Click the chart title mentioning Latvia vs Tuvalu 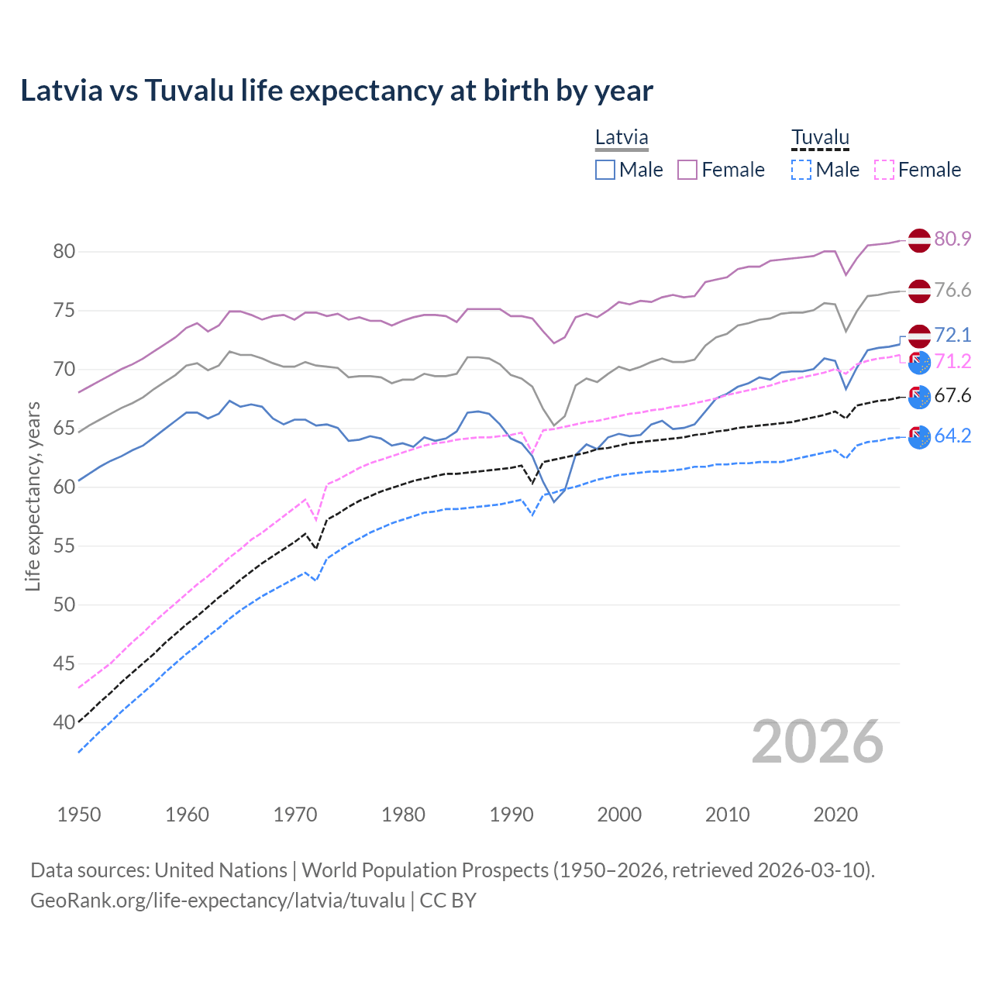coord(336,91)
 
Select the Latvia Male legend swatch coord(605,170)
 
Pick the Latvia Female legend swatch coord(687,170)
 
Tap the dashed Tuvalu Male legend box coord(801,170)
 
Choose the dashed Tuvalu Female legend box coord(884,170)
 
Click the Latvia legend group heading coord(622,138)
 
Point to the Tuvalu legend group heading coord(820,138)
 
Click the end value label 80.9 coord(952,239)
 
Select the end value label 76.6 coord(952,290)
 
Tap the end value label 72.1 coord(952,335)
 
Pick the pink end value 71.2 coord(952,361)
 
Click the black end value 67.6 coord(952,396)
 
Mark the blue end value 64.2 coord(952,436)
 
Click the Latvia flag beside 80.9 coord(919,240)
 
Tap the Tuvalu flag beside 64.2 coord(919,437)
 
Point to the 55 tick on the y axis coord(64,546)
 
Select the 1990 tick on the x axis coord(511,815)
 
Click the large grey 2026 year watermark coord(818,742)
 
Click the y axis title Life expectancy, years coord(33,496)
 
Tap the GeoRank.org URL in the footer coord(218,901)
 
